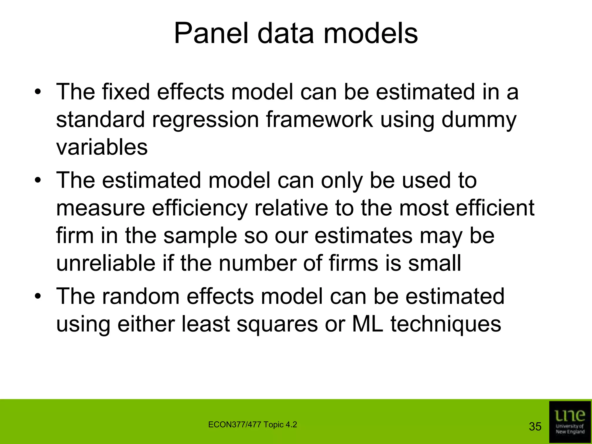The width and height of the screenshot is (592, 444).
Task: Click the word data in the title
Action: (285, 34)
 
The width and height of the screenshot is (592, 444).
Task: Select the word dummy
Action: (479, 120)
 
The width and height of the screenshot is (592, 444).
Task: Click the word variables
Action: (102, 147)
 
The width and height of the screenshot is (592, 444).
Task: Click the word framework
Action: (319, 120)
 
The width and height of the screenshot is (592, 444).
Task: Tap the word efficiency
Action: (200, 208)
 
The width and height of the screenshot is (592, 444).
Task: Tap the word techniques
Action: (446, 324)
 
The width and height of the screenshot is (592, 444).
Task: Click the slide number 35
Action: (535, 427)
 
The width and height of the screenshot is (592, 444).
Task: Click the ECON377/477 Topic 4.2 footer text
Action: (252, 425)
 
